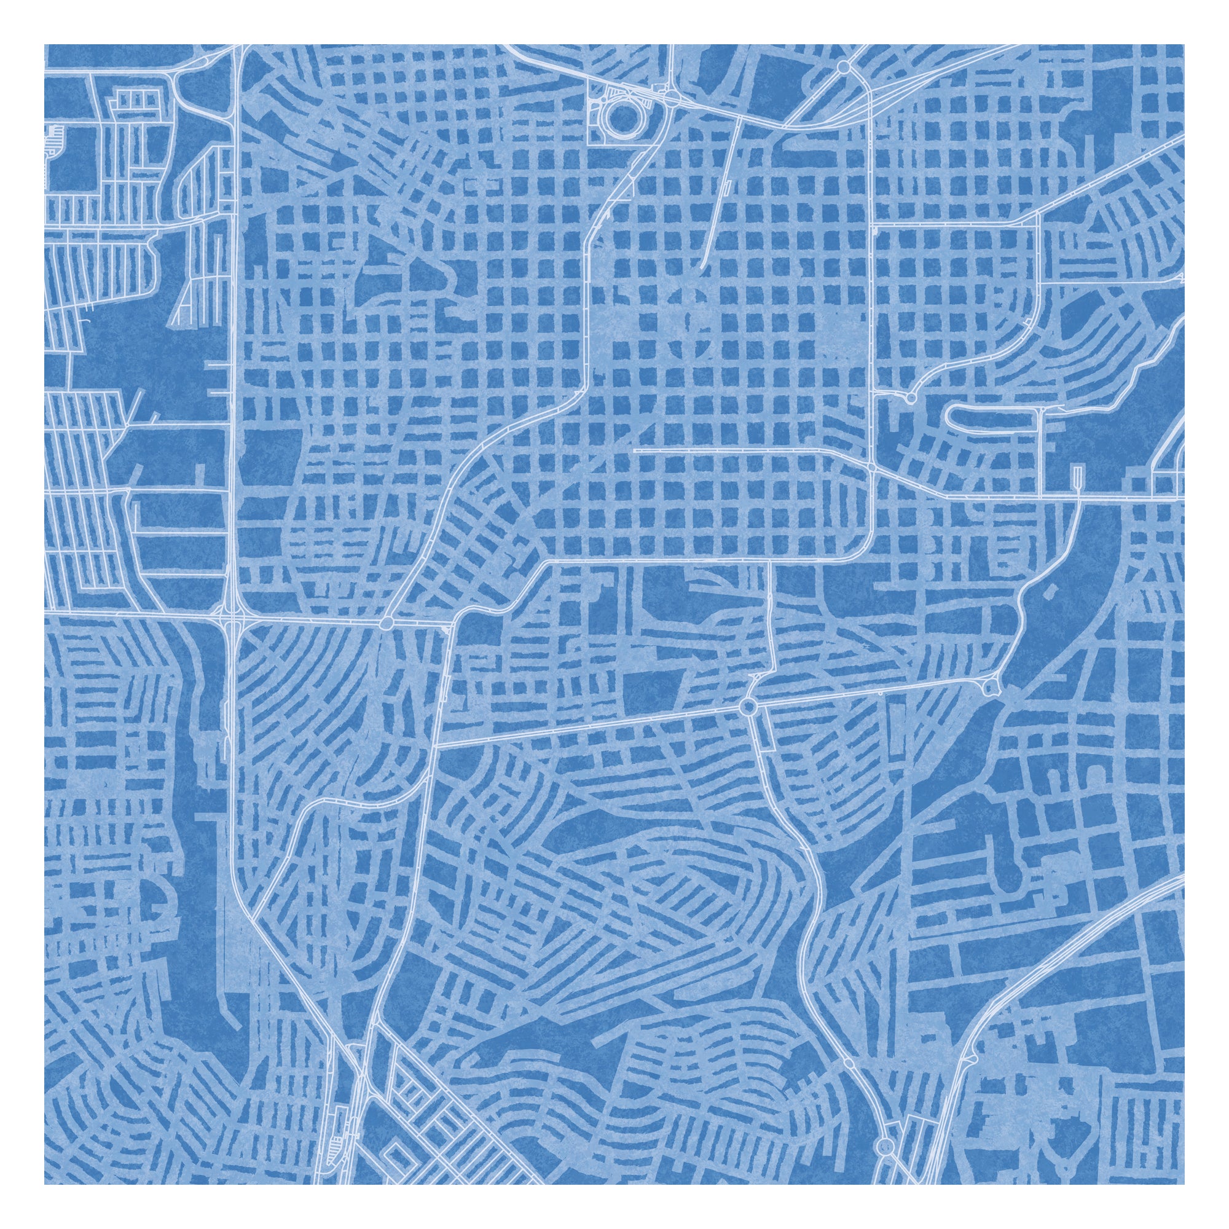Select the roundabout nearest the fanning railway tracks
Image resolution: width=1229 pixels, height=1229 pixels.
point(844,66)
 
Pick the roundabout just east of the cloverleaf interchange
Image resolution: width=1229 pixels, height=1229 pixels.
point(385,623)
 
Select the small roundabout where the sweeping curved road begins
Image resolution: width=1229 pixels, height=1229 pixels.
point(910,398)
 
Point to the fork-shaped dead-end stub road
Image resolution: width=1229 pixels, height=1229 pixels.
point(1077,474)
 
